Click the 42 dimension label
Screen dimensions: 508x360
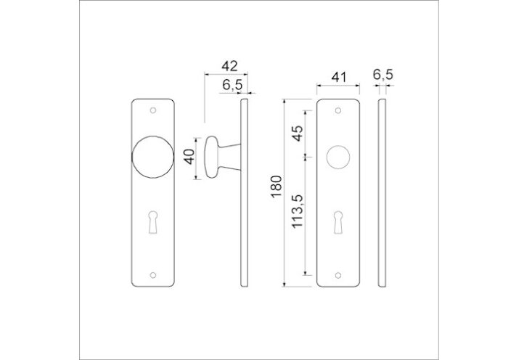point(229,67)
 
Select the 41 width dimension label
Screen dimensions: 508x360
point(339,78)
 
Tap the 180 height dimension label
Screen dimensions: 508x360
point(276,187)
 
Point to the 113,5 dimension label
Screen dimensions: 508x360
point(297,211)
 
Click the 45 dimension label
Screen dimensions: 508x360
point(298,133)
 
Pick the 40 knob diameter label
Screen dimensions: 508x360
point(189,157)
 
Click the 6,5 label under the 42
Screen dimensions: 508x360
point(232,85)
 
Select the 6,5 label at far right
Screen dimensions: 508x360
point(383,75)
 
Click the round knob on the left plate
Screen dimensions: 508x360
point(153,157)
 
